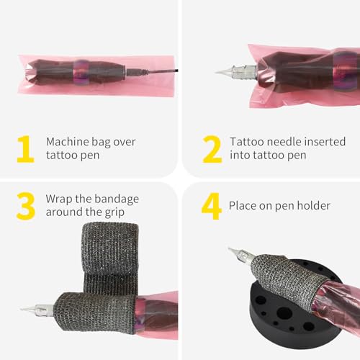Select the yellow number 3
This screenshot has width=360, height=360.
pos(25,205)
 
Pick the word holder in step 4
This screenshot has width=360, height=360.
pos(314,205)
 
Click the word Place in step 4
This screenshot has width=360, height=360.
pos(242,205)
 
